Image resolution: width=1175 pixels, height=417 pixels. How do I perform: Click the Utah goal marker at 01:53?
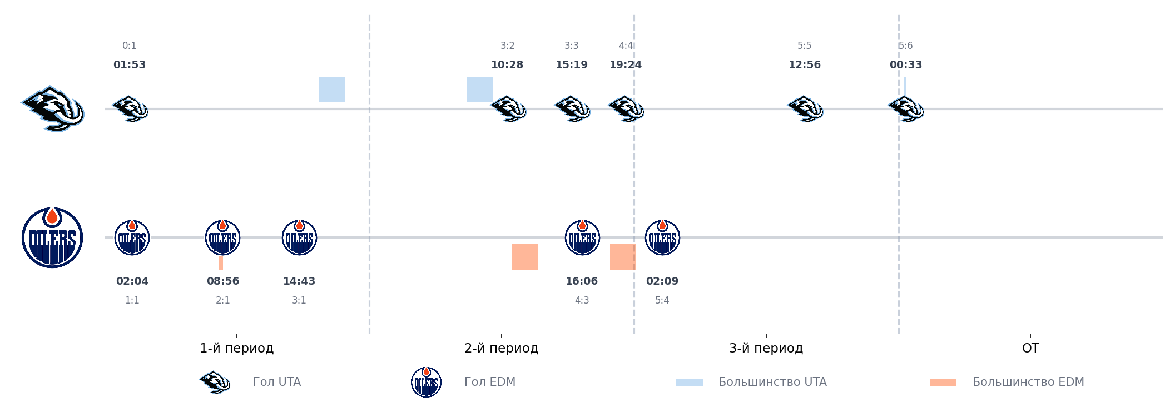(x=130, y=108)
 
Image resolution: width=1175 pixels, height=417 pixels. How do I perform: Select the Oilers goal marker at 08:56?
(x=223, y=237)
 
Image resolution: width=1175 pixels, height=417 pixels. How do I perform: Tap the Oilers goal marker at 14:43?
(x=299, y=237)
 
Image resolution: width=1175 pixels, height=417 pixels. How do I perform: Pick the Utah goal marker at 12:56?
(x=805, y=108)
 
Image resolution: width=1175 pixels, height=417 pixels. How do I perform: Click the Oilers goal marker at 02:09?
(x=662, y=237)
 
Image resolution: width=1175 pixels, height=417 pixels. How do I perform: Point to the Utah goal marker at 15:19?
(x=572, y=108)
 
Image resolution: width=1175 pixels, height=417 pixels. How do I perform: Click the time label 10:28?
(x=507, y=65)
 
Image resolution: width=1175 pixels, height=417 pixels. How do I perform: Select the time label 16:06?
(x=582, y=281)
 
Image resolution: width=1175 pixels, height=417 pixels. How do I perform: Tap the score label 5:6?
(x=906, y=46)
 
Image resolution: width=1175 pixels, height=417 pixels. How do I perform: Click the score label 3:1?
(x=299, y=300)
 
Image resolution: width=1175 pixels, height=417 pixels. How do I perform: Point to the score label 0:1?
(x=130, y=46)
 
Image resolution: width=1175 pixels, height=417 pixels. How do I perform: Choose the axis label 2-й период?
(x=501, y=349)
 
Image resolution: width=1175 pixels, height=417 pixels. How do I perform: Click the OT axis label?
(x=1030, y=349)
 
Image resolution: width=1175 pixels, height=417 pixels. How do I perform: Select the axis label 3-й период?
(x=766, y=349)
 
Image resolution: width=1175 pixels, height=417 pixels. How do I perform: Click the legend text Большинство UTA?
(x=772, y=382)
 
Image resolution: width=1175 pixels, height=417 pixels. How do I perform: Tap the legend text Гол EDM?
(x=490, y=382)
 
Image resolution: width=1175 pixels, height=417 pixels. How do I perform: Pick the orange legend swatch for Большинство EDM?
(x=943, y=383)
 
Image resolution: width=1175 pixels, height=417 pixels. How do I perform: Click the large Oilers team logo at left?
(x=52, y=237)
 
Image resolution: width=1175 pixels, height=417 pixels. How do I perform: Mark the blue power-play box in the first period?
(x=332, y=90)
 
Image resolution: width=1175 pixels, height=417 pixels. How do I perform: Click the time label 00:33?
(x=906, y=65)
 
